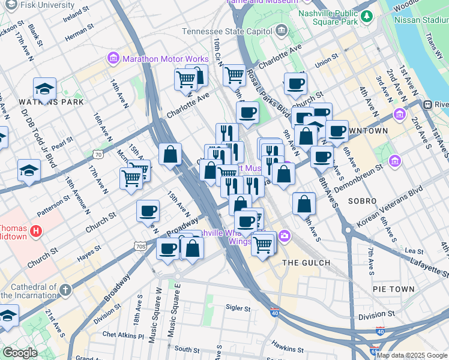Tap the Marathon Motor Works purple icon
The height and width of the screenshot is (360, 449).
[113, 59]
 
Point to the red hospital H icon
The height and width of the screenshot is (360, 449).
[36, 230]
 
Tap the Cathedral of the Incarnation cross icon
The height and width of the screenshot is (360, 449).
[65, 290]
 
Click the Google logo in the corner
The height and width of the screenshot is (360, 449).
[19, 353]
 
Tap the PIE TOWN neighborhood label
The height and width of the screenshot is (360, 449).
[393, 289]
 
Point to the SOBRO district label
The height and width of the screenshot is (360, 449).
[366, 201]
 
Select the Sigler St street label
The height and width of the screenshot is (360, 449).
[238, 308]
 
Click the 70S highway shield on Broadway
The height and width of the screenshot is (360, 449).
[140, 246]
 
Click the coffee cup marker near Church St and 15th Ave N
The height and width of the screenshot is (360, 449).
[148, 212]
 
